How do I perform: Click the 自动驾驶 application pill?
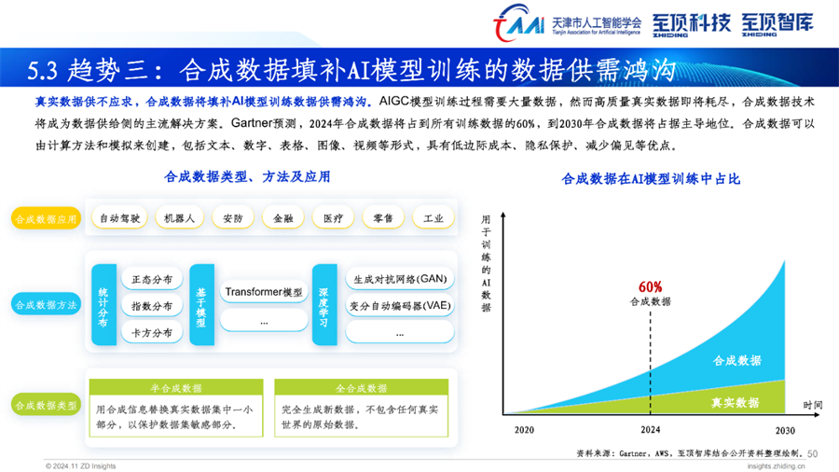click(119, 218)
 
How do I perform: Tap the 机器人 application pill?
click(179, 218)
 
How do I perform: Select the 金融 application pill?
click(283, 218)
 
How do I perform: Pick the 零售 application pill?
click(383, 218)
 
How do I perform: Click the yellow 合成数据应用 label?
click(46, 219)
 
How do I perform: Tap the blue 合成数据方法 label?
click(46, 305)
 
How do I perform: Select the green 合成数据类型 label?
click(46, 405)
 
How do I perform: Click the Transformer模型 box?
click(264, 292)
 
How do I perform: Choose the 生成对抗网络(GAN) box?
click(400, 279)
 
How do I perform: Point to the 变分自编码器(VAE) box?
click(400, 306)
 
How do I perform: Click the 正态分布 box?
click(152, 279)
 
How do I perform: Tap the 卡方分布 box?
click(152, 333)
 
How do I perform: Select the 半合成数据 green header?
click(176, 387)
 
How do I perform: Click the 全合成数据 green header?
click(361, 387)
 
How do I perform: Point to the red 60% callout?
click(650, 287)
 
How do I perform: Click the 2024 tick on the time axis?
click(650, 430)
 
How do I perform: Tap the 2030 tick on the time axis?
click(785, 430)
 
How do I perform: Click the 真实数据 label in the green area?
click(735, 402)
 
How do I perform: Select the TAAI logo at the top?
click(518, 23)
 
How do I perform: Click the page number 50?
click(812, 453)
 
